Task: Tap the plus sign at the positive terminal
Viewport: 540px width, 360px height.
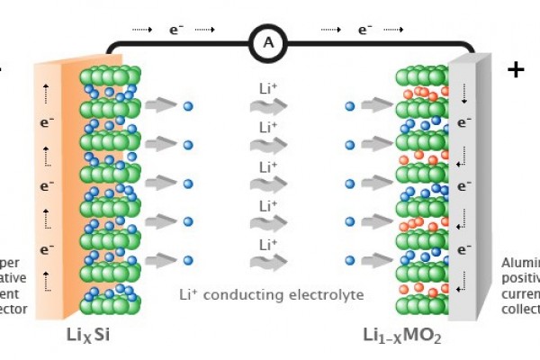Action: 516,71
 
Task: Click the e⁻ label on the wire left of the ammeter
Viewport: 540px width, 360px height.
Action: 177,31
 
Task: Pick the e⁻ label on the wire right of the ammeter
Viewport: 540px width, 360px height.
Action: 364,31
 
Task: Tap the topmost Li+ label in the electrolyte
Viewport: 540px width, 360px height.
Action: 268,89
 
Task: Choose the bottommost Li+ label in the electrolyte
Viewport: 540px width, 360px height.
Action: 268,244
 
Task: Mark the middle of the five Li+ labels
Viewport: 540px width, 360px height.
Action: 268,166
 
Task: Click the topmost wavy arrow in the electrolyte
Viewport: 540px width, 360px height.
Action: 267,107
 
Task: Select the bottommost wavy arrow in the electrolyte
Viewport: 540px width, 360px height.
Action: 267,262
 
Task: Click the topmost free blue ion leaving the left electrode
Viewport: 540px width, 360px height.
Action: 187,106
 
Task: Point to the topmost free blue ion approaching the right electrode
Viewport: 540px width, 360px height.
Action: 350,106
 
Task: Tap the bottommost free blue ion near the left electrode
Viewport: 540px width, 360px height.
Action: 187,261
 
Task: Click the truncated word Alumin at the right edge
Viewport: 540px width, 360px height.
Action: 520,263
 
